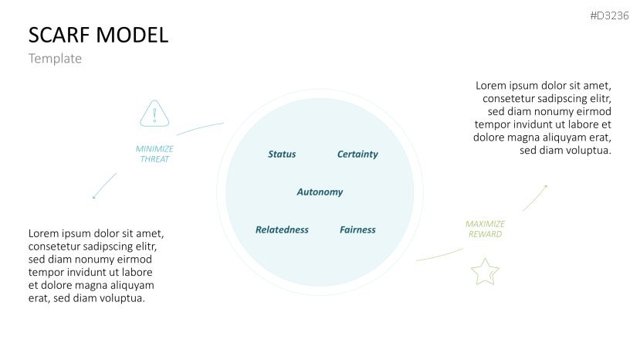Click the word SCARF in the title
[58, 35]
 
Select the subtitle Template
[55, 59]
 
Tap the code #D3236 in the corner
[609, 16]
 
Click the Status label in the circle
[282, 155]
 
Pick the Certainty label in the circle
[357, 155]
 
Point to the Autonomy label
[320, 192]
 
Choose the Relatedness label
[282, 230]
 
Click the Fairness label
[357, 230]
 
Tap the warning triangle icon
[154, 114]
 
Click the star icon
[485, 272]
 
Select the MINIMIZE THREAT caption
[154, 154]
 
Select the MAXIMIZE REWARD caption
[485, 229]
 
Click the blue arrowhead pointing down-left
[94, 197]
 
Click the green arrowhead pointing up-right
[545, 186]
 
